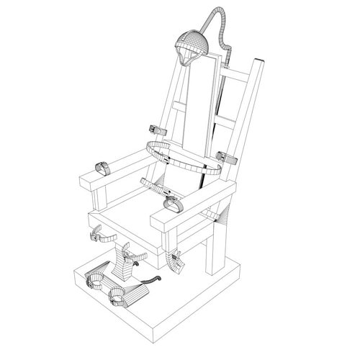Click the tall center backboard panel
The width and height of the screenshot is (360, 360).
[x=198, y=108]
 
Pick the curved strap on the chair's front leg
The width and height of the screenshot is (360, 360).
[x=174, y=261]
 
